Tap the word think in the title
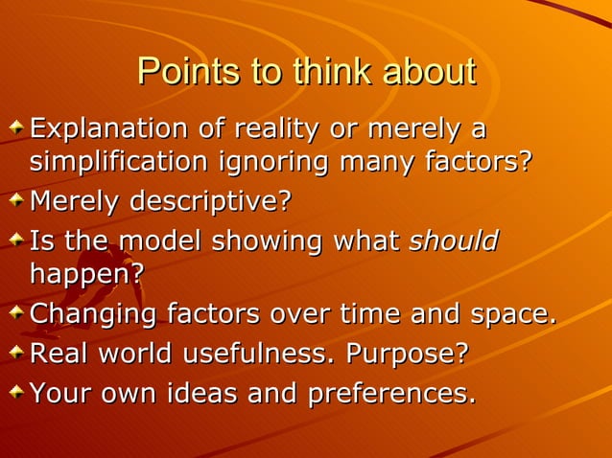point(328,72)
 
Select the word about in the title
point(429,72)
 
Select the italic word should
point(454,240)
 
